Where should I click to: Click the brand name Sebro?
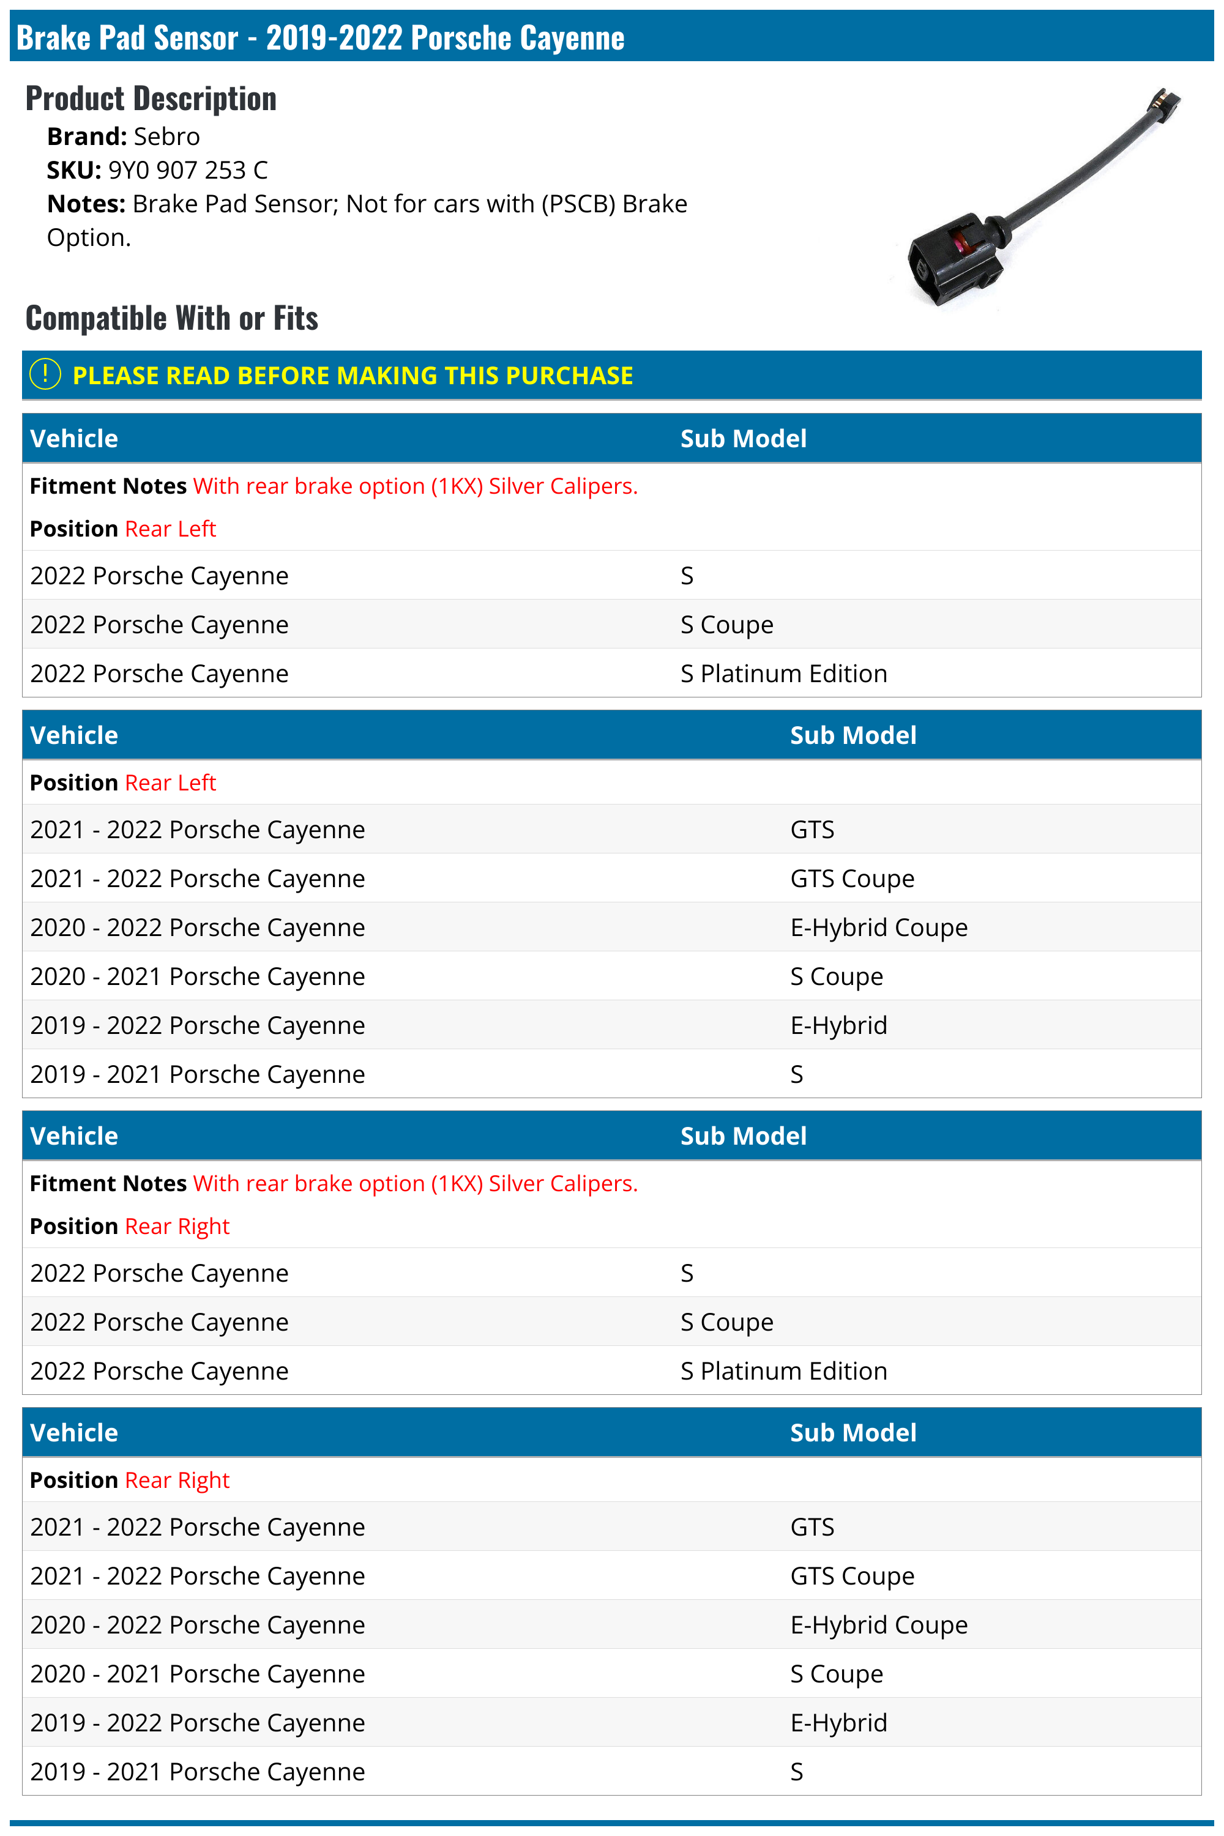[x=166, y=136]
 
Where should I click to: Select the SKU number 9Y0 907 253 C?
[x=187, y=170]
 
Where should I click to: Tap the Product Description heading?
[x=151, y=99]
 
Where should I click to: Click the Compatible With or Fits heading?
[x=172, y=318]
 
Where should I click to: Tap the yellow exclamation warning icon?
[x=45, y=374]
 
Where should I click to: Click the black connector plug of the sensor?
[x=952, y=261]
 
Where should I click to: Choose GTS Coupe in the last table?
[x=852, y=1576]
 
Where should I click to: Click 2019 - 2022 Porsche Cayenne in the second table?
[x=198, y=1025]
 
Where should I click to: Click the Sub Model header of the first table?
[x=743, y=439]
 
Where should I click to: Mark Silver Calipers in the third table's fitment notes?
[x=563, y=1184]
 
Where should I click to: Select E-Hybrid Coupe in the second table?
[x=878, y=927]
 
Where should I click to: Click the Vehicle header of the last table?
[x=74, y=1433]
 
